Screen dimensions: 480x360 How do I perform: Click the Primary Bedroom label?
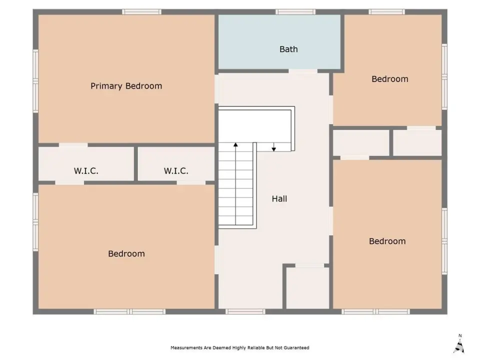126,86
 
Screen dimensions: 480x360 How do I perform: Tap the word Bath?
288,49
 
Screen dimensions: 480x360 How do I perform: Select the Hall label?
279,199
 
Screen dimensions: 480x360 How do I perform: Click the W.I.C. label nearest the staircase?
176,171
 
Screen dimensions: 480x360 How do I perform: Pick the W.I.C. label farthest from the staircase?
86,171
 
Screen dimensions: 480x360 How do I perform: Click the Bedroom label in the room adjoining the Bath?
389,79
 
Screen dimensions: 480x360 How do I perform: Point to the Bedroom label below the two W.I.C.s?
126,254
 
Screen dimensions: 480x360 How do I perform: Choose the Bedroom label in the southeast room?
387,241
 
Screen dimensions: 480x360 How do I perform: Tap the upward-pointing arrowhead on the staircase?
235,144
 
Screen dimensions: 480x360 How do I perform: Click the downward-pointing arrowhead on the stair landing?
273,149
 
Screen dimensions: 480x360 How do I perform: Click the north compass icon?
459,344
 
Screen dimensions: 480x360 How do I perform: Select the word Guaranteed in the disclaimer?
296,348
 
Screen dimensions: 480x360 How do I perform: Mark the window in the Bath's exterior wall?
295,12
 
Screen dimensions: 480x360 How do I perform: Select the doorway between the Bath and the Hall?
303,71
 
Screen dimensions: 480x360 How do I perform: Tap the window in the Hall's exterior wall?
245,311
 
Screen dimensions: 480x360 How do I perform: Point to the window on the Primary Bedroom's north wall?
141,12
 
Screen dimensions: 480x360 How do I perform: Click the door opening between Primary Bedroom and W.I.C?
73,145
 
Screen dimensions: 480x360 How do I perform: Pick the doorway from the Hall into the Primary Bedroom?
216,89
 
